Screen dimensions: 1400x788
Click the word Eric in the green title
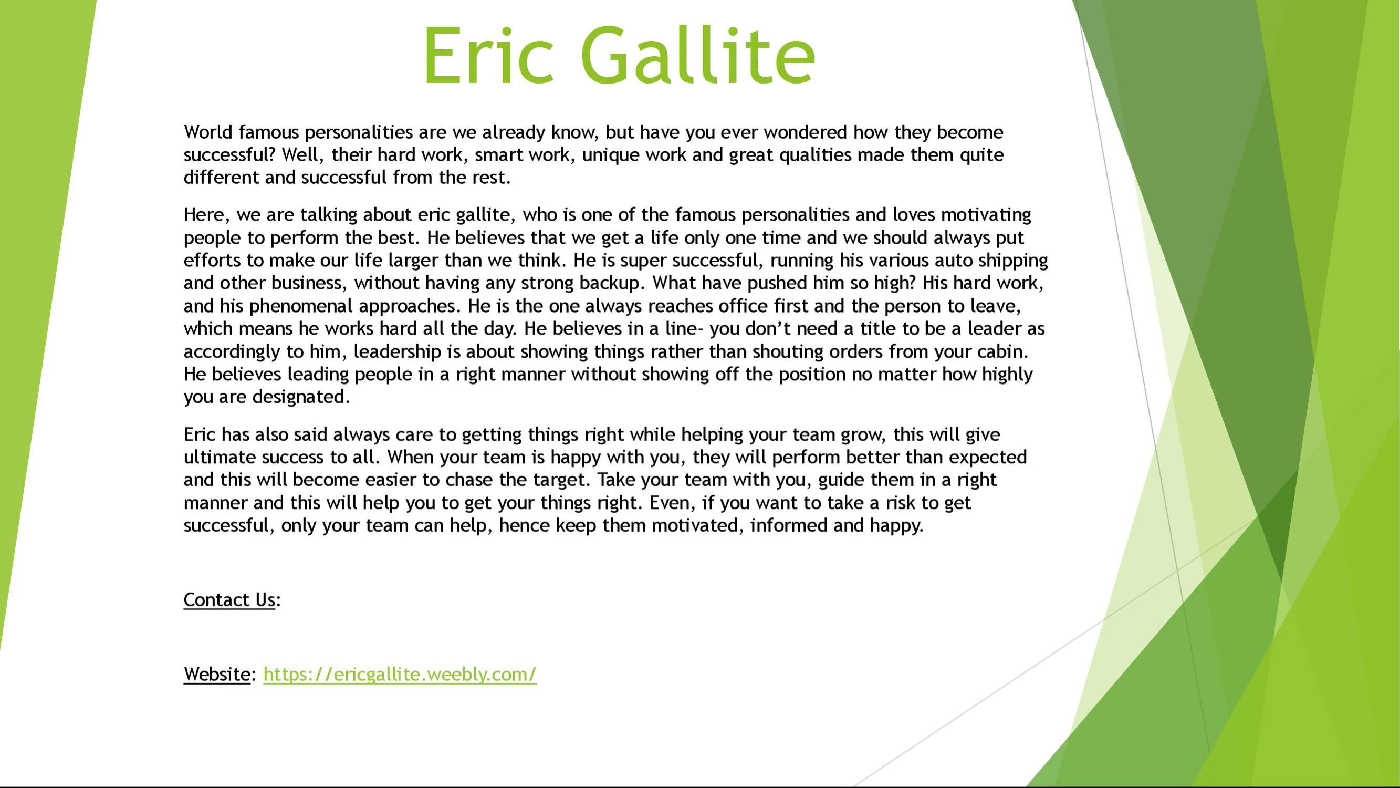[488, 56]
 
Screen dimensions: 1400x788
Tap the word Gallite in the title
[698, 56]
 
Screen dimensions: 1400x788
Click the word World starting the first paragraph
[208, 132]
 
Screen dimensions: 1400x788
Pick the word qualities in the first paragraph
[815, 155]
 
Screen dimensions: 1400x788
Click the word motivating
[986, 215]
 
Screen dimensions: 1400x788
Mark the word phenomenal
[301, 307]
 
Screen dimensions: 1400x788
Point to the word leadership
[398, 352]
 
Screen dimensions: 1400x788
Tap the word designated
[301, 398]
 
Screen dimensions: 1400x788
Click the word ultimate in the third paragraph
[220, 457]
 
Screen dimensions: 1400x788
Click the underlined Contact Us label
[229, 600]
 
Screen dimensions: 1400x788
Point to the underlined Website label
[217, 675]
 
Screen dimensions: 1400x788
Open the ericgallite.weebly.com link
[400, 675]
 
